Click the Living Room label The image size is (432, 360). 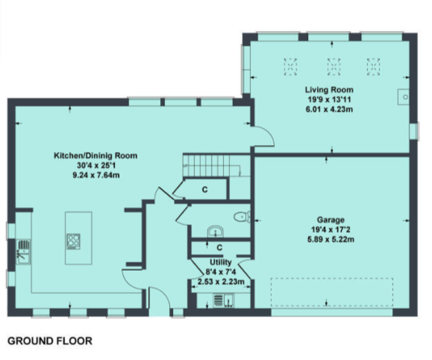329,90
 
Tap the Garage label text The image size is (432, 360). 331,220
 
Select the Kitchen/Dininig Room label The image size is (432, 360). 96,155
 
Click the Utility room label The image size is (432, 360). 221,262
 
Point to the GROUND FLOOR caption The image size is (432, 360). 50,341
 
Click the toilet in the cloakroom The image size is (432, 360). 242,217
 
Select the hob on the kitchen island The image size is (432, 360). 73,241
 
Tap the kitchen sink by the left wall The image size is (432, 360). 23,252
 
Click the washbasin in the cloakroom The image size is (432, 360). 216,232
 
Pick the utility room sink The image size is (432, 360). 224,300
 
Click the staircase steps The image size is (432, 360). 211,165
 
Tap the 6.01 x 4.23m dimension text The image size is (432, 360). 329,109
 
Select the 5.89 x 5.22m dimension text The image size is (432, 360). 330,239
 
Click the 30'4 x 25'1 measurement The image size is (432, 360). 96,165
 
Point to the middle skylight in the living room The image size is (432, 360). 333,67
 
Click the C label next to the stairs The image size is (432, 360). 204,190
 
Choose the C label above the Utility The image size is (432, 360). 220,247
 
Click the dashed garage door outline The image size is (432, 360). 332,292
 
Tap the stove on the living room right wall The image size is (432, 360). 404,97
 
